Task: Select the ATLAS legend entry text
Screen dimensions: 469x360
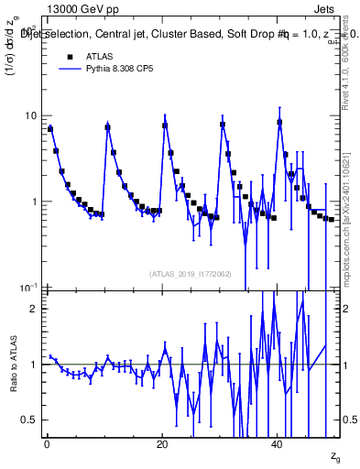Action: pos(99,58)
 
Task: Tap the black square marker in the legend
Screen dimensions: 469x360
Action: pos(68,58)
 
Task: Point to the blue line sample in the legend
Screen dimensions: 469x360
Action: pos(68,69)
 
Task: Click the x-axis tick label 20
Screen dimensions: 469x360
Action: pos(162,444)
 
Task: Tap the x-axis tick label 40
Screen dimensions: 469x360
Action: pos(277,444)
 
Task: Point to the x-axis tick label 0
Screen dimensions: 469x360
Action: pos(46,444)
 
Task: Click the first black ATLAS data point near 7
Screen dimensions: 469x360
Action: pos(50,129)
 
